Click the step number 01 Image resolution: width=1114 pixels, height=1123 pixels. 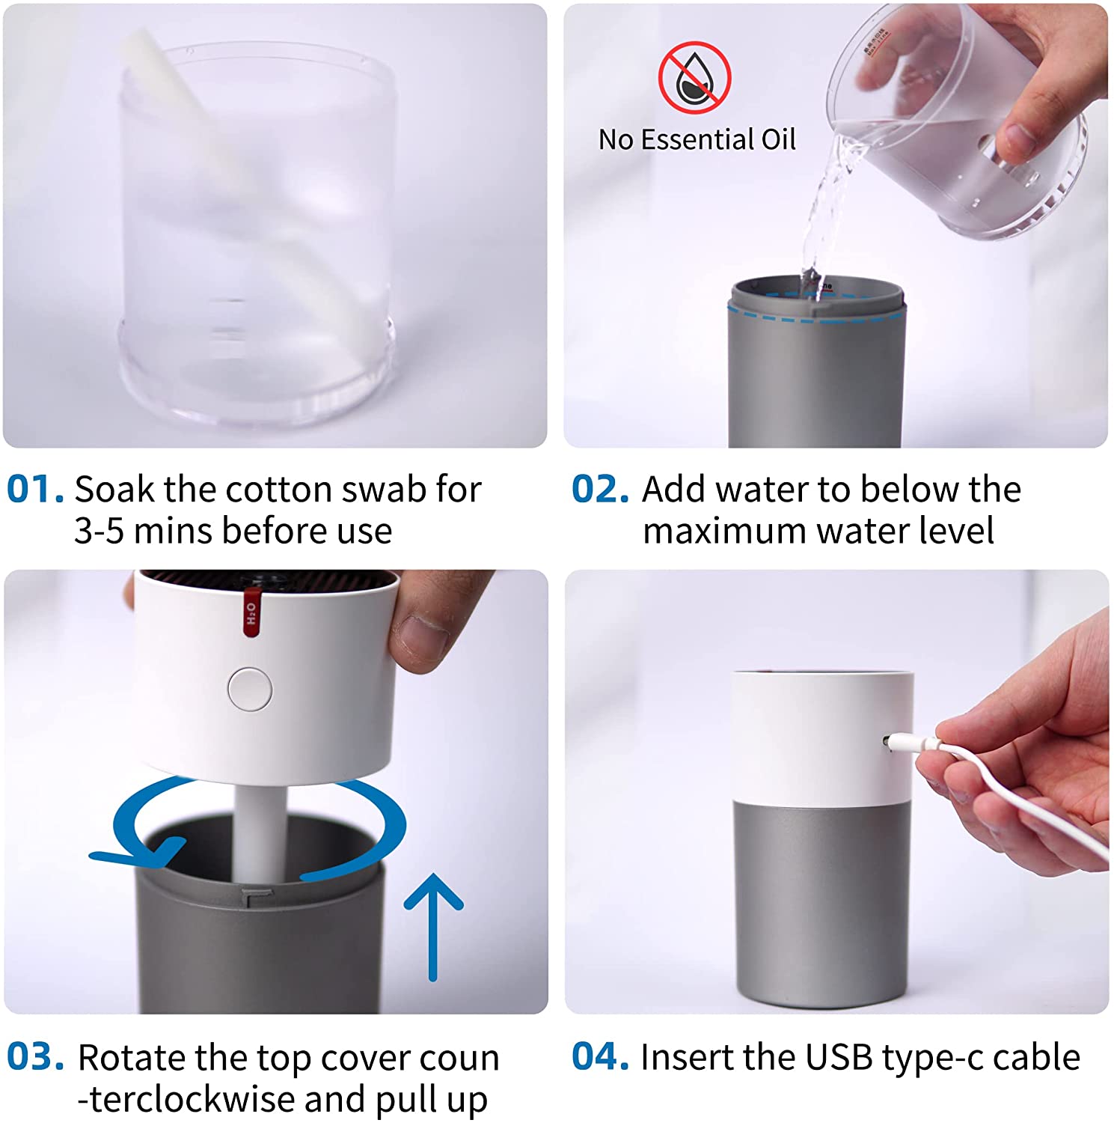35,489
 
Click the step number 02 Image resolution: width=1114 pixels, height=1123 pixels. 600,489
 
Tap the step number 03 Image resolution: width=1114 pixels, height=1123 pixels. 35,1056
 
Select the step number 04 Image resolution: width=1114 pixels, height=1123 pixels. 600,1056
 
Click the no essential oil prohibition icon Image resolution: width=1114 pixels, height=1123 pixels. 694,77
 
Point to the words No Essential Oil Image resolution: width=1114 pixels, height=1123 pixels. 697,139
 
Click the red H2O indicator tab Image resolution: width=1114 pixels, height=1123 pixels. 252,613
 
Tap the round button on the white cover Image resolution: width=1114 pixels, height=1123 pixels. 250,689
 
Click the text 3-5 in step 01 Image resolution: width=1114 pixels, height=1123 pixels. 99,532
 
